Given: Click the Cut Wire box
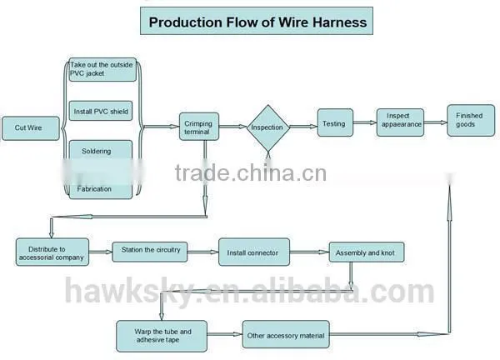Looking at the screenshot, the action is coord(31,128).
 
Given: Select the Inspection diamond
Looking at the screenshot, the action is coord(267,127).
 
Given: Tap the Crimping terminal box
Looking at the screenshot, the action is coord(199,127).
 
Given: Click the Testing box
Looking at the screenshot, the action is coord(335,122).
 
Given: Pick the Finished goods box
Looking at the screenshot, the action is coord(471,121).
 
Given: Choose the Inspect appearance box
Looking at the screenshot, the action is coord(400,122).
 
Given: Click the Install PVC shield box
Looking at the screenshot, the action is coord(101,111).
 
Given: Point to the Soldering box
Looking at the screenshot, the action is coord(101,150).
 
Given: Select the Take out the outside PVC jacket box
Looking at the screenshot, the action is coord(102,69).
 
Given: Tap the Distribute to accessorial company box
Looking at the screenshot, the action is coord(52,252).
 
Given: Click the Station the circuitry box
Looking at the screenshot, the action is coord(150,252).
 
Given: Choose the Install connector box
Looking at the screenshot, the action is coord(254,252).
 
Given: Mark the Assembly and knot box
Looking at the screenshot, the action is coord(367,252).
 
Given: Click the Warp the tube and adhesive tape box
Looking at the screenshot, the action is coord(162,336).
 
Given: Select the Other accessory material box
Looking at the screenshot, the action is coord(286,334).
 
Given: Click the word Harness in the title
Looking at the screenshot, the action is coord(340,22).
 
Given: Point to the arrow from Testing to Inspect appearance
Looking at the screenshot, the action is coord(365,122).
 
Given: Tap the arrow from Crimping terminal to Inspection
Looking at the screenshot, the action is coord(232,127).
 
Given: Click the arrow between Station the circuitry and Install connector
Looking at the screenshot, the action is coord(202,252).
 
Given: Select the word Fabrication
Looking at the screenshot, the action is coord(94,189).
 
